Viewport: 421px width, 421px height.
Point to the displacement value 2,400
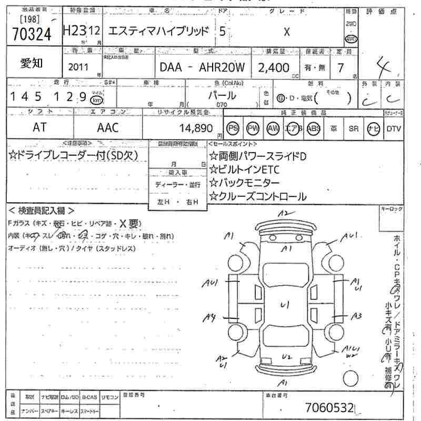tap(274, 67)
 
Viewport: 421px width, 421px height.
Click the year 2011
tap(79, 67)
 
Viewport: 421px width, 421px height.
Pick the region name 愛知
tap(32, 64)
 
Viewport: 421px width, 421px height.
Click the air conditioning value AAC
tap(108, 127)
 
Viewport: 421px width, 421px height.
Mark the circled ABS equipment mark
tap(314, 128)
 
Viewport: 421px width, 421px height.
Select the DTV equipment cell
tap(394, 128)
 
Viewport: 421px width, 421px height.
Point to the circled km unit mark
tap(96, 99)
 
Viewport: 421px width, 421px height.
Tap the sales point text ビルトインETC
tap(245, 169)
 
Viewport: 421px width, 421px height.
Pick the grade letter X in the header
tap(287, 32)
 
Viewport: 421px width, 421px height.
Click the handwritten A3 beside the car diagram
tap(357, 316)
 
